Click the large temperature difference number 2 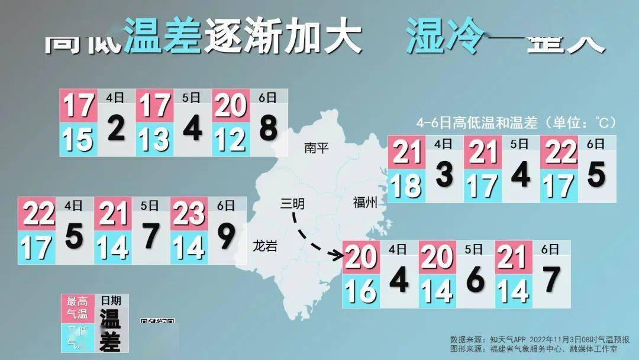[x=117, y=128]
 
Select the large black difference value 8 [x=269, y=128]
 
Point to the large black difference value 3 [x=444, y=173]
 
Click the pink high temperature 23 [x=188, y=213]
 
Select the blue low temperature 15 [x=79, y=140]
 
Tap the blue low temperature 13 [x=154, y=140]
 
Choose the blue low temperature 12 [x=231, y=140]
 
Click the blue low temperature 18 [x=406, y=185]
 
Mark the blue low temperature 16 [x=360, y=291]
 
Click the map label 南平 [x=316, y=148]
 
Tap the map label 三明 [x=292, y=204]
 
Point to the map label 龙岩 [x=264, y=246]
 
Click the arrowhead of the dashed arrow [x=340, y=256]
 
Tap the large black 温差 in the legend [x=110, y=332]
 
